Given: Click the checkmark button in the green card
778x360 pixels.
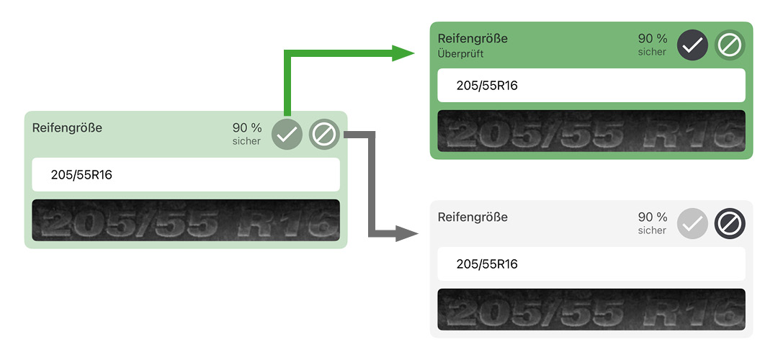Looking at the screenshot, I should coord(692,45).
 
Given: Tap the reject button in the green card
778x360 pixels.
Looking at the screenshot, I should coord(730,45).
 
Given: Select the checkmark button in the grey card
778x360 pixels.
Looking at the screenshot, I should coord(692,224).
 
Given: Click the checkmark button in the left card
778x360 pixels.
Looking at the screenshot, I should coord(287,135).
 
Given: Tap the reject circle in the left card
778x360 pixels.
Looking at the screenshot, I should coord(324,135).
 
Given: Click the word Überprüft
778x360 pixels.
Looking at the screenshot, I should coord(461,53).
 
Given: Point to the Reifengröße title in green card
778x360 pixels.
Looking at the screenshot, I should coord(473,38).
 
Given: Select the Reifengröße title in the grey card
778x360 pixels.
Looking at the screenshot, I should coord(473,217).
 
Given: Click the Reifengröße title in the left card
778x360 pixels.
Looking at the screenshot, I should coord(67,127).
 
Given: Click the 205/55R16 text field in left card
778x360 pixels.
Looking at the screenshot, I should coord(185,175).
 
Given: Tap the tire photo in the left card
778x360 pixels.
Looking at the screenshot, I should coord(185,220).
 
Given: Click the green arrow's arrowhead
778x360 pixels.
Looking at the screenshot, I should coord(403,53).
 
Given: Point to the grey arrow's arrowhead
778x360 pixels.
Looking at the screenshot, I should coord(407,233).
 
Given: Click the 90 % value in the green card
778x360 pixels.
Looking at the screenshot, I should coord(653,38).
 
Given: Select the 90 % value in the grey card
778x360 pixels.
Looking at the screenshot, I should coord(653,217).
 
